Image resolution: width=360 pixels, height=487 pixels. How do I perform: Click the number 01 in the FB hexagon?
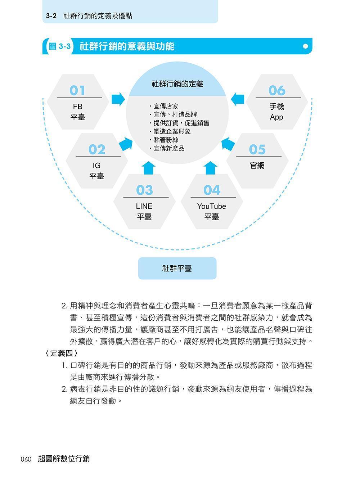pos(77,90)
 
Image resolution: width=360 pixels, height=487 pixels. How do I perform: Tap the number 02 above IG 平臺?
pos(96,149)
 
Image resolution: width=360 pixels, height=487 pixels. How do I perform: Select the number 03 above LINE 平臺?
pos(144,190)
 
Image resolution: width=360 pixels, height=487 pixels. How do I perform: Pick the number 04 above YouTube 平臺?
pos(212,190)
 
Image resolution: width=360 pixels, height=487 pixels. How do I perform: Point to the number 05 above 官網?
pos(257,149)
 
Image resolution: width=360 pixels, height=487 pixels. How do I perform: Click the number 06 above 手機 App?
pos(277,90)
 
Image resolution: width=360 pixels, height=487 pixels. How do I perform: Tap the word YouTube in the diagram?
pos(212,206)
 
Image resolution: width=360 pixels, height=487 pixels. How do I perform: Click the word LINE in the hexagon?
pos(144,206)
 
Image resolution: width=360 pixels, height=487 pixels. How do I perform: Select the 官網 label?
pos(257,165)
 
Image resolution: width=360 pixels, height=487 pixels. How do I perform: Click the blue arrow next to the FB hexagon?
pos(118,99)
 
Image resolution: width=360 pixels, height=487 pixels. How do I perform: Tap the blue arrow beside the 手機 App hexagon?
pos(238,99)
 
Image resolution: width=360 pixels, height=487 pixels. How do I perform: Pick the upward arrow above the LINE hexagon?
pos(148,168)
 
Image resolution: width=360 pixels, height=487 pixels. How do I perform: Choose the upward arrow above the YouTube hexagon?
pos(210,168)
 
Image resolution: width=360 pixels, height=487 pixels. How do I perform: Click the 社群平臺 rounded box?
pos(177,268)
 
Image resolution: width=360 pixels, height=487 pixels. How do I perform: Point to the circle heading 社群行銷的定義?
pos(177,84)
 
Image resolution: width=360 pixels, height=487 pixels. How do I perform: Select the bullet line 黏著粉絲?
pos(164,140)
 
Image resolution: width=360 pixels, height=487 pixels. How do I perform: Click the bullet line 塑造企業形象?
pos(170,131)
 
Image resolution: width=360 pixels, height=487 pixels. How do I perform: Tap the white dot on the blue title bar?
pos(305,46)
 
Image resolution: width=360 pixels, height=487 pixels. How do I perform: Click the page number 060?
pos(26,459)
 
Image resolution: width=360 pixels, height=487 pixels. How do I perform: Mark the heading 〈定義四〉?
pos(61,353)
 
